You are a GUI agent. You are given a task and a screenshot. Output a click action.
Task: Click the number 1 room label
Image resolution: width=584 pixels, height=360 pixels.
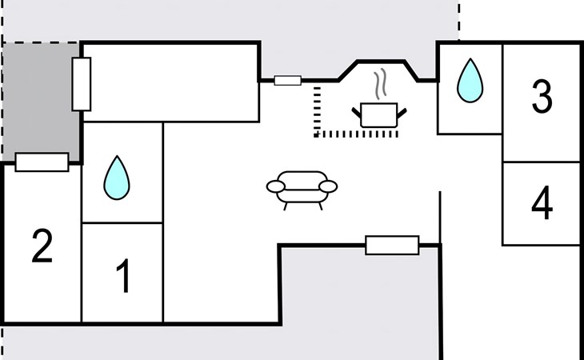[122, 276]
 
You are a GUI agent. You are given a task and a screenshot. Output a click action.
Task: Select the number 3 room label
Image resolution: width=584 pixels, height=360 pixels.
[542, 98]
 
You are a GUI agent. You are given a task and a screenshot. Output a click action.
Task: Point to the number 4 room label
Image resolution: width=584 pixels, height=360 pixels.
[542, 204]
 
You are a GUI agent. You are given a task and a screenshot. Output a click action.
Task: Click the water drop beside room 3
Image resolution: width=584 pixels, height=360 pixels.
[470, 82]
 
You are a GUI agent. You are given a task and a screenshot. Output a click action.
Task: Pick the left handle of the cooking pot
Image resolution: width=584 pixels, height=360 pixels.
[358, 110]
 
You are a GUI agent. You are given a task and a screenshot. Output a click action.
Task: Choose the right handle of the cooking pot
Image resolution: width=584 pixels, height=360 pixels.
[405, 110]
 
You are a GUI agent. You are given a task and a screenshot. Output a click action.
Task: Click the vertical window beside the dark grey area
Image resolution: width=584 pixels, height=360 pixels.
[82, 84]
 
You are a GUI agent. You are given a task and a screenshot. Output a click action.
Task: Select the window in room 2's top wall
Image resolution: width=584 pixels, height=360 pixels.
[42, 162]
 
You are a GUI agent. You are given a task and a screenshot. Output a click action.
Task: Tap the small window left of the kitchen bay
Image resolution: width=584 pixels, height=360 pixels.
[287, 80]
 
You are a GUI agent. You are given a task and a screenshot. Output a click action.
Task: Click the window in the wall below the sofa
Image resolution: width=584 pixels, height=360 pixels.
[392, 245]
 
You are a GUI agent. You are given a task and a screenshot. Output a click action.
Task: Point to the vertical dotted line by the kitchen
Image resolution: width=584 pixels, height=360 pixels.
[316, 108]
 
